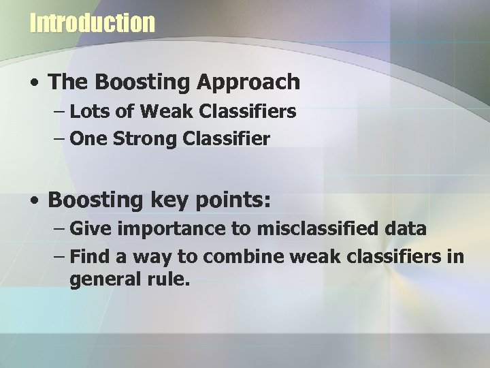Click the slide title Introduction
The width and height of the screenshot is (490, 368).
(93, 23)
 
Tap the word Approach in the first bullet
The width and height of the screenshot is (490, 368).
(247, 82)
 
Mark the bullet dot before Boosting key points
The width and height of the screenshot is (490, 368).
(34, 201)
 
